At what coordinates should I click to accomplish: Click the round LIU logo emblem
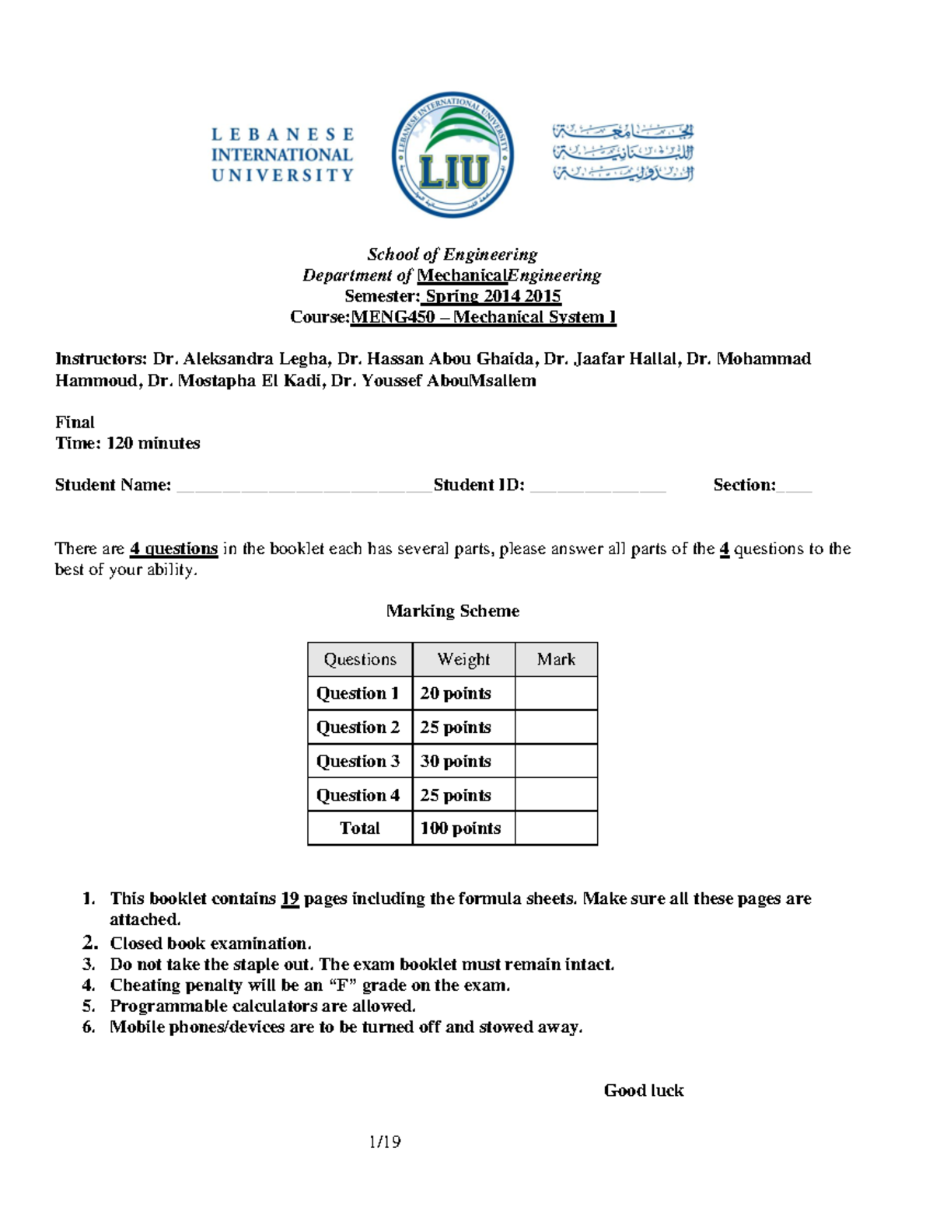453,155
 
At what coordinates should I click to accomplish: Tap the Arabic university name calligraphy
622,152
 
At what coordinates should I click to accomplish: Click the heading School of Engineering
452,254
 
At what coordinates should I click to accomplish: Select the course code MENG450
393,317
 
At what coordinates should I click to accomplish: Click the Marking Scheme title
453,611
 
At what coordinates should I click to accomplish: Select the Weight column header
463,659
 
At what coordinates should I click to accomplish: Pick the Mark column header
556,659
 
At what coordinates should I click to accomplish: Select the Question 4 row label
358,795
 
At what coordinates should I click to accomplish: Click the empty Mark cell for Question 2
556,727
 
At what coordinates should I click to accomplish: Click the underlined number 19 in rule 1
290,898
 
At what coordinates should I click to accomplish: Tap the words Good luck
644,1090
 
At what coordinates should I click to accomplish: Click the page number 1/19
385,1142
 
